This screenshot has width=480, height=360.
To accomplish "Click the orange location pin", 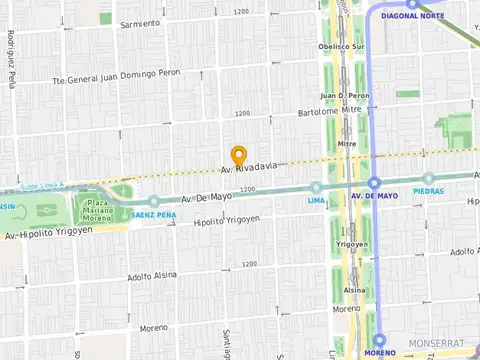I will point(239,156).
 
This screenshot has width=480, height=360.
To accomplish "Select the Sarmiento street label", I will point(138,23).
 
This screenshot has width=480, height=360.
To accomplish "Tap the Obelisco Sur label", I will point(341,46).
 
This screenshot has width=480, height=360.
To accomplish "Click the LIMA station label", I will point(316,200).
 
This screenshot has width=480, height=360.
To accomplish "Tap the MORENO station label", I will point(379,353).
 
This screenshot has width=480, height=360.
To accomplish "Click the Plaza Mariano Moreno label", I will point(98,211).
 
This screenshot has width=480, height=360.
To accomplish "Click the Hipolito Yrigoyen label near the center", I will point(227,221).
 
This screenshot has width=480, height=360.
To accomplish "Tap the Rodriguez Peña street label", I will point(10,60).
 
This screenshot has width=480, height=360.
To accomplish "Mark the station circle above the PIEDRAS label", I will point(428,178).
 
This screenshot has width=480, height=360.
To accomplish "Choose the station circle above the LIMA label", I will point(316,187).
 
